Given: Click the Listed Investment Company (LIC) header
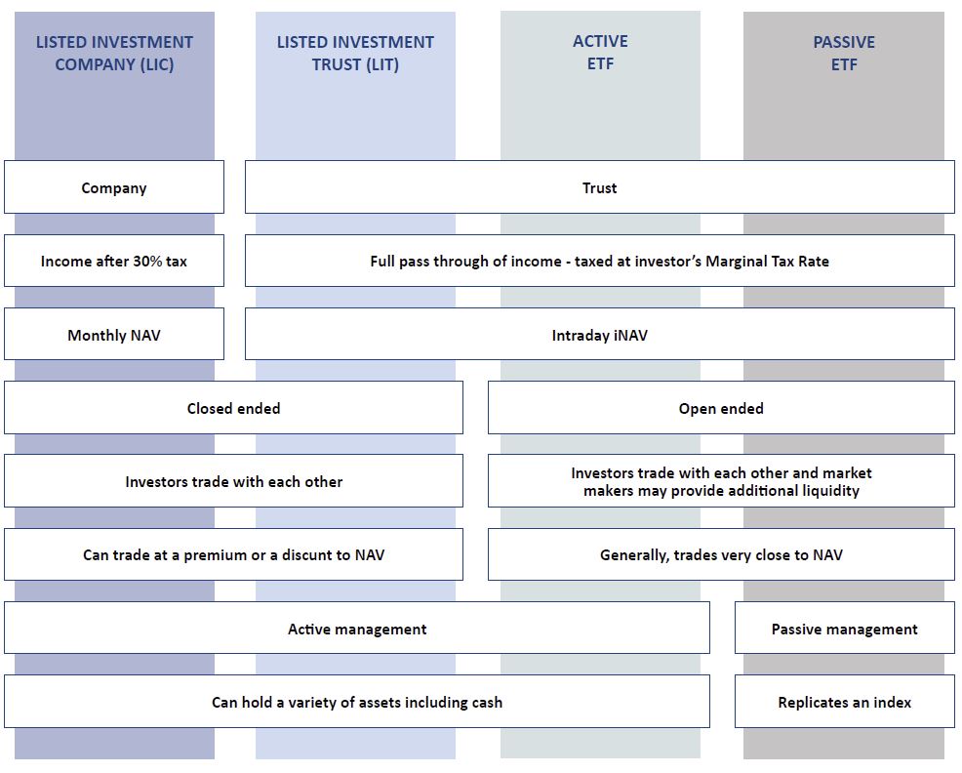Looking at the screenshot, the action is (x=114, y=53).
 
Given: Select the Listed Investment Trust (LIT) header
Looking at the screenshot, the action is (x=355, y=53).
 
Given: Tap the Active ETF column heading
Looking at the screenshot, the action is (x=600, y=52).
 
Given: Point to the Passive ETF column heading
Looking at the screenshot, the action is (x=844, y=53).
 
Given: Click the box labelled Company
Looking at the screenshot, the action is (x=114, y=187).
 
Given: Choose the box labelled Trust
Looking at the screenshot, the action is (x=599, y=187).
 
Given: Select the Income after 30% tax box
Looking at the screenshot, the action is (x=114, y=261).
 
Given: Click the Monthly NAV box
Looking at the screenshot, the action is (x=114, y=335).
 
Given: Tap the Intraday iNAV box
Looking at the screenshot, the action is (x=599, y=335).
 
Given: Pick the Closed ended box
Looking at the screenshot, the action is (x=234, y=408).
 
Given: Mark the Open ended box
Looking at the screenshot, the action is (x=721, y=408).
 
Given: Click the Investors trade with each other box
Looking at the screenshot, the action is (x=234, y=481).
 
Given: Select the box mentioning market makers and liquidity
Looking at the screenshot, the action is (x=721, y=481).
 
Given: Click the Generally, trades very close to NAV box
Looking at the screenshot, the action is (x=721, y=554).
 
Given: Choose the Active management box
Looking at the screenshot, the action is (x=357, y=629).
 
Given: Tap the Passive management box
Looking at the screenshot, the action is (x=844, y=629).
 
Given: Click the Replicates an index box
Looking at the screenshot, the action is (x=844, y=702).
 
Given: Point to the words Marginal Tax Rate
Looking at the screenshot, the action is (x=767, y=262).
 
